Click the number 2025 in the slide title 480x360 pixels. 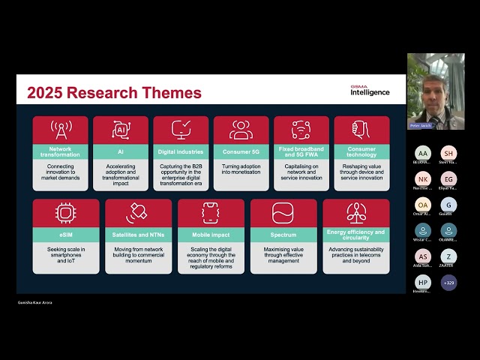[x=46, y=93]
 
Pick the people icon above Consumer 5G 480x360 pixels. [x=241, y=130]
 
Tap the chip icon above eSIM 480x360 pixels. [x=66, y=212]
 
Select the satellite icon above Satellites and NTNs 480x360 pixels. [x=138, y=212]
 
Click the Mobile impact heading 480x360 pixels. [x=211, y=235]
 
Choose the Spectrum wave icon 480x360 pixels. [x=283, y=212]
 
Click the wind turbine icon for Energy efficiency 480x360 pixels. [x=356, y=212]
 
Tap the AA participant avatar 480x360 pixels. [x=422, y=153]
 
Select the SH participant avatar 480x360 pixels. [x=448, y=153]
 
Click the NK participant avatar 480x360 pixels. [x=422, y=179]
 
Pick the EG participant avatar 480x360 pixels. [x=448, y=179]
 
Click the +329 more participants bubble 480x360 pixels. [x=448, y=283]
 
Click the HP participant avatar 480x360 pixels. [x=422, y=283]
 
